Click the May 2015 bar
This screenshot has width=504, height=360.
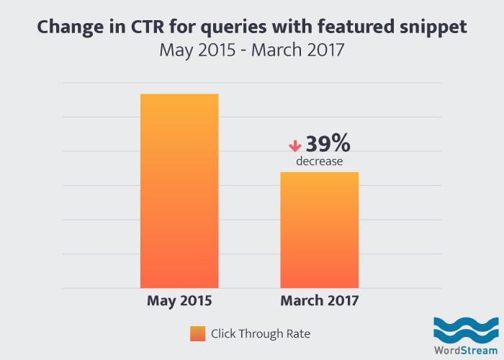[179, 191]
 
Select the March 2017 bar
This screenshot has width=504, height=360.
[319, 230]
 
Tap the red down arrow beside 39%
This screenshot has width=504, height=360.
[294, 145]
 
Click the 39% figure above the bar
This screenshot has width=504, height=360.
[328, 144]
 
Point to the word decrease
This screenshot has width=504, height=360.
[319, 162]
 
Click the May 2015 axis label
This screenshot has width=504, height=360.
[179, 300]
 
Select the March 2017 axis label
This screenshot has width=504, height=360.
[319, 300]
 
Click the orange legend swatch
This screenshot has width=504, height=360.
[197, 333]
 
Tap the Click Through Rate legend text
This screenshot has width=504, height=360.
[261, 333]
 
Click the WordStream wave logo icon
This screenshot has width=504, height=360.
[460, 327]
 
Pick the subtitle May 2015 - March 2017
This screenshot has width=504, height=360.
[252, 51]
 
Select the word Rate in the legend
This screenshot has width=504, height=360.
[298, 333]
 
